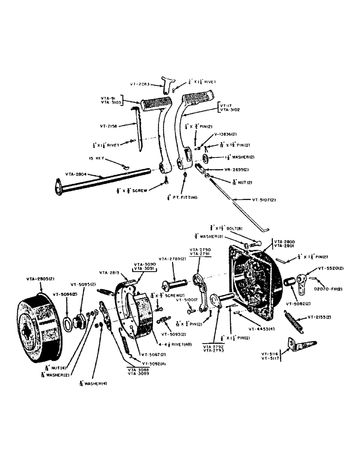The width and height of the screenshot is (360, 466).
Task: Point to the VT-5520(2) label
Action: click(330, 268)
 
